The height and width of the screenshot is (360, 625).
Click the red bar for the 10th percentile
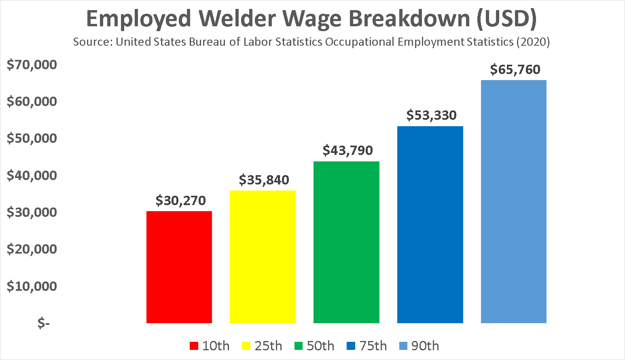(x=179, y=267)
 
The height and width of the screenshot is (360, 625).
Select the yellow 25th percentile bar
(x=263, y=257)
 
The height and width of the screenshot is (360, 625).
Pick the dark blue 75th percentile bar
(x=430, y=224)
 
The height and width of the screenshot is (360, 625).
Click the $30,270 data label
(x=180, y=201)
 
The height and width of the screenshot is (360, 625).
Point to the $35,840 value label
(x=264, y=180)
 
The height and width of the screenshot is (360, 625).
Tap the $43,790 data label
(x=347, y=150)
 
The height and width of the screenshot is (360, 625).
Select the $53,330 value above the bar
(x=431, y=115)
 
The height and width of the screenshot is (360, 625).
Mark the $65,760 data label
(x=515, y=70)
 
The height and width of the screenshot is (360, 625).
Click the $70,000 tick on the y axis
(x=32, y=64)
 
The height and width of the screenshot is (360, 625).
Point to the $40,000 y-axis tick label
(x=32, y=175)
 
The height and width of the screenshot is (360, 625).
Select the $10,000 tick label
(x=32, y=286)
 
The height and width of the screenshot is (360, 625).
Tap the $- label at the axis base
(x=43, y=323)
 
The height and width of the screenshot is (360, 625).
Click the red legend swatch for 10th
(x=194, y=346)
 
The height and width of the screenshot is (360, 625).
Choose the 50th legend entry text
(x=320, y=346)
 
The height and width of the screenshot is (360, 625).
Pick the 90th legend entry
(x=425, y=346)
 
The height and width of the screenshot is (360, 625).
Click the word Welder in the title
(x=238, y=19)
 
